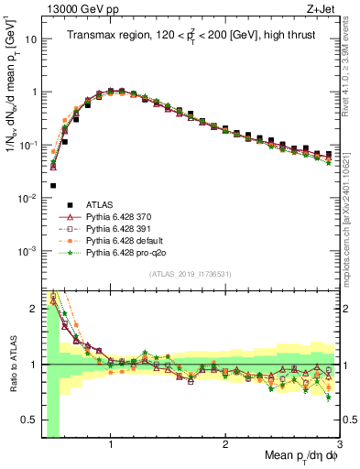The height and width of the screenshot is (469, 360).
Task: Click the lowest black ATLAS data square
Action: (53, 186)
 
